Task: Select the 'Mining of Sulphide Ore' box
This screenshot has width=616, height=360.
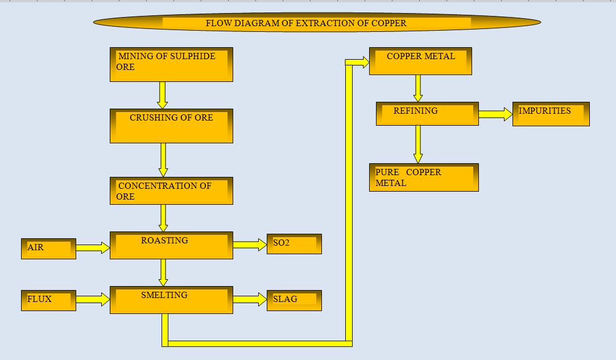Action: pos(171,64)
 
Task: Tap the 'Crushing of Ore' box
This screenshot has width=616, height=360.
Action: pos(171,126)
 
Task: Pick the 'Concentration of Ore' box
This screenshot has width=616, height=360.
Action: pos(171,191)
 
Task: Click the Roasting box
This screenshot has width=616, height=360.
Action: pos(171,245)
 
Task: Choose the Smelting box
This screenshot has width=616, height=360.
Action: pos(171,300)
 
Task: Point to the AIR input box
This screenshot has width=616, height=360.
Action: pos(49,249)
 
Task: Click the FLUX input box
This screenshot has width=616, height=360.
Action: pos(49,301)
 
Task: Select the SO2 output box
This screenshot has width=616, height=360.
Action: pos(294,244)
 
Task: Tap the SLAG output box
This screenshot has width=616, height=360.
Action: pos(294,301)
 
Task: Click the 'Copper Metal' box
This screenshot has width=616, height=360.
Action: pos(420,61)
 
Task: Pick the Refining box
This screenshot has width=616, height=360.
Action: pos(427,114)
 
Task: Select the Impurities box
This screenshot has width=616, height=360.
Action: pos(551,114)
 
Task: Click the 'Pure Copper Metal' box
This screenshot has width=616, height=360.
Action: pos(424,177)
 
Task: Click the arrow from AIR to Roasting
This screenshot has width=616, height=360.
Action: pos(93,247)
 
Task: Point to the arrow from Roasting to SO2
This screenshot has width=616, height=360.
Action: pos(250,245)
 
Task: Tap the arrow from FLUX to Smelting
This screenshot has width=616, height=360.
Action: pos(93,300)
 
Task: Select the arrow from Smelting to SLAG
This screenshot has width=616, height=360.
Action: pos(250,300)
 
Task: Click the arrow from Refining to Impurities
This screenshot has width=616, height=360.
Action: pos(495,114)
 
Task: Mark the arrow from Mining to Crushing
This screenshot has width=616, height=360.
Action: pos(162,95)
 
